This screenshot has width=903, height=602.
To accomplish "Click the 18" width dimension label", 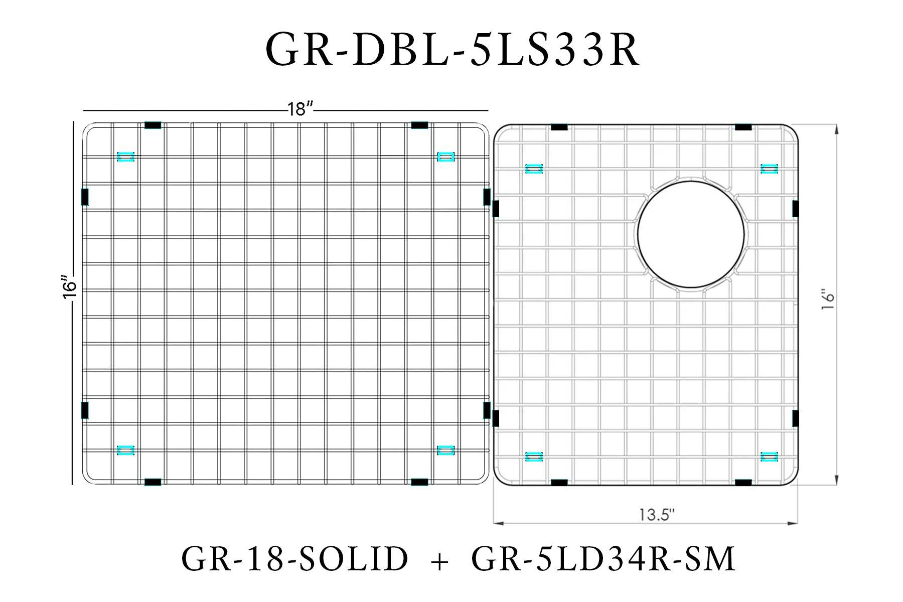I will pyautogui.click(x=300, y=109).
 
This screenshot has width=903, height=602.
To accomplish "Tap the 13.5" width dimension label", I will pyautogui.click(x=656, y=515).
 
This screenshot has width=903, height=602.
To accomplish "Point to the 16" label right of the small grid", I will pyautogui.click(x=828, y=299).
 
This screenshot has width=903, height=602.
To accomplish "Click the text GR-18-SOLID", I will pyautogui.click(x=294, y=559).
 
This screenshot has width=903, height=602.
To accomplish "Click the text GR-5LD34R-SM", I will pyautogui.click(x=603, y=559).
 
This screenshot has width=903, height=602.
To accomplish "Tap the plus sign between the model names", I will pyautogui.click(x=439, y=561).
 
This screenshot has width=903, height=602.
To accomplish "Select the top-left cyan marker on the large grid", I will pyautogui.click(x=125, y=157).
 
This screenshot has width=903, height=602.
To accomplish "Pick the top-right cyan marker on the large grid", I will pyautogui.click(x=445, y=157).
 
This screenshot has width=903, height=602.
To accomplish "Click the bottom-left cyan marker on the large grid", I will pyautogui.click(x=125, y=450).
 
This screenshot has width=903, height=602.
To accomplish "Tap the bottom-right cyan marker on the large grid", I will pyautogui.click(x=445, y=450).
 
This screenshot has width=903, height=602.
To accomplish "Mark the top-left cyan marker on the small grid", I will pyautogui.click(x=534, y=169).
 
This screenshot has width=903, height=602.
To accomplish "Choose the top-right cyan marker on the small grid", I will pyautogui.click(x=769, y=169).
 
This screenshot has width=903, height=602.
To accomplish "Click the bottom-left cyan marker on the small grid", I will pyautogui.click(x=534, y=457).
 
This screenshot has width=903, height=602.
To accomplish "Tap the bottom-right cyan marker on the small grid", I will pyautogui.click(x=769, y=457).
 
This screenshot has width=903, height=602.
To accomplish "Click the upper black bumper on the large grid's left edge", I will pyautogui.click(x=85, y=197).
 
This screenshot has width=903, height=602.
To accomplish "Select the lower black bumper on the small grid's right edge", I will pyautogui.click(x=795, y=418).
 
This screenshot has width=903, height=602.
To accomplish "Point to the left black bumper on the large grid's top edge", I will pyautogui.click(x=153, y=125).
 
